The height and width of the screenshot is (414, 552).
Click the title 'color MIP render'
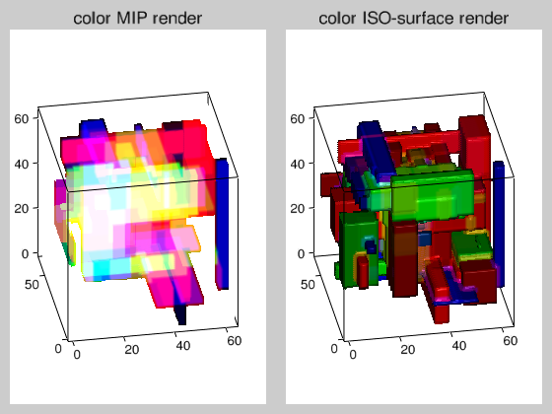click(138, 18)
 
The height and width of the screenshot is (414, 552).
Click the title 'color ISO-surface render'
click(413, 18)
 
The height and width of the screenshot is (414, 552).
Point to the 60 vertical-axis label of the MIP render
click(22, 118)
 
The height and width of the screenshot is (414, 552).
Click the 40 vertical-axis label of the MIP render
click(22, 164)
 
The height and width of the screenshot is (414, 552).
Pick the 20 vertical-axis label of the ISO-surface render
click(298, 208)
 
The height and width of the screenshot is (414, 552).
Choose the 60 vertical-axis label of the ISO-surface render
click(298, 118)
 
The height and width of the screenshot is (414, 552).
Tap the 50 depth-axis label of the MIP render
click(32, 284)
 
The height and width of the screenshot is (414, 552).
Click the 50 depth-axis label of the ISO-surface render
click(308, 284)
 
